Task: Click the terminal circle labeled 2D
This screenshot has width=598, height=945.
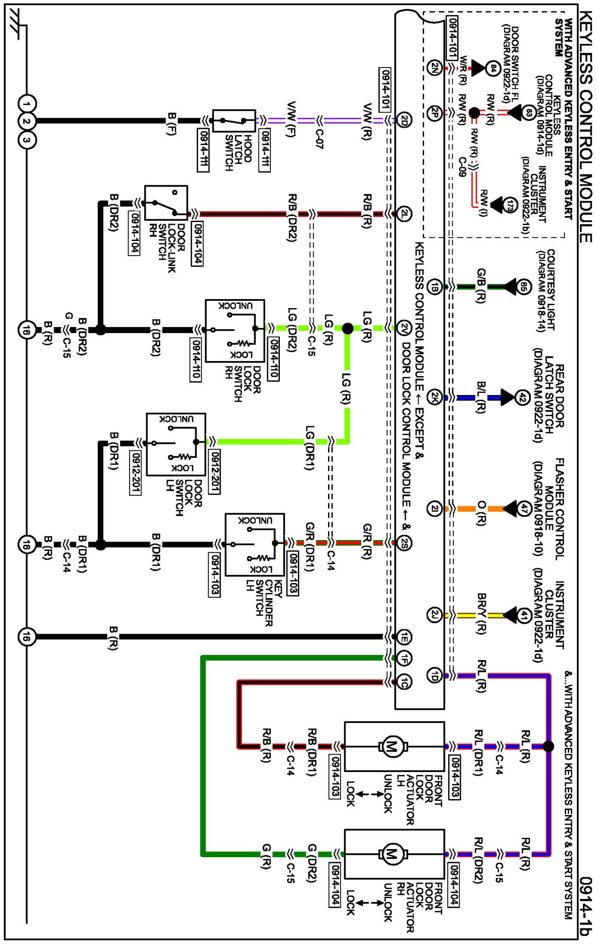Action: (404, 120)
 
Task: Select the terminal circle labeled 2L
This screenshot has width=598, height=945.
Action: (404, 214)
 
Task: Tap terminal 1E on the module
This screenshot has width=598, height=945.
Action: (404, 636)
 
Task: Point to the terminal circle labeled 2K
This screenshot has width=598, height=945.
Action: (434, 397)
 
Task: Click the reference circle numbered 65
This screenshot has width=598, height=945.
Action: (523, 286)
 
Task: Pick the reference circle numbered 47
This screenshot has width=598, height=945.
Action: (523, 509)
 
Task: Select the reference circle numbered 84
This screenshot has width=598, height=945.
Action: (493, 69)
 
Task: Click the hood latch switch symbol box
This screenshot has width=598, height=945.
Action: (234, 121)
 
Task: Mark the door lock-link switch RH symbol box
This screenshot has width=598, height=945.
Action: (166, 203)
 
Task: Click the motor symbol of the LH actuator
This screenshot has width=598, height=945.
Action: (391, 746)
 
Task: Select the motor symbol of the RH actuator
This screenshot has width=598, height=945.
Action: (391, 854)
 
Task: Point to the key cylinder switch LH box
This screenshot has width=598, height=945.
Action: (255, 544)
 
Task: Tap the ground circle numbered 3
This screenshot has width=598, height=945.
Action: (26, 140)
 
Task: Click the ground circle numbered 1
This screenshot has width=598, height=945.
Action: (26, 103)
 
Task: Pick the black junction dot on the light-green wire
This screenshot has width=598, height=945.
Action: (347, 328)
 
